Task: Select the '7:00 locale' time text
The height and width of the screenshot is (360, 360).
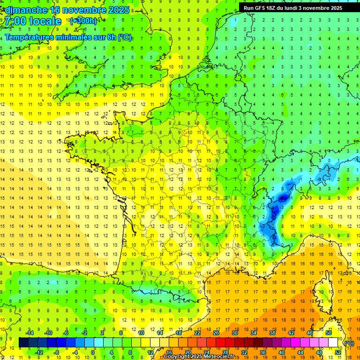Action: [33, 21]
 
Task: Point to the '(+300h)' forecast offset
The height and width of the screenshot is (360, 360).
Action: [83, 21]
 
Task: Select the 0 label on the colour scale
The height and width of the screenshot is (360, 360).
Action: [93, 352]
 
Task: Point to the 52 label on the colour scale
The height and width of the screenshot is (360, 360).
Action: [338, 352]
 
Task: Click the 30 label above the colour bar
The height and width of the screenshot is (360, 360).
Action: [234, 333]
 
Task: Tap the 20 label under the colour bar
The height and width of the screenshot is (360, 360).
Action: [187, 352]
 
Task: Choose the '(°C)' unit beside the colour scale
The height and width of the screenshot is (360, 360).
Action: [349, 343]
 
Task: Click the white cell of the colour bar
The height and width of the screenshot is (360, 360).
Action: [333, 343]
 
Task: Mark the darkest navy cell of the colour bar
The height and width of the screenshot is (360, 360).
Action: [23, 343]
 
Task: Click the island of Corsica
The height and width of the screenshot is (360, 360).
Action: [322, 291]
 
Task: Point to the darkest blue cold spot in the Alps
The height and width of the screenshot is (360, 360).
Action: [282, 198]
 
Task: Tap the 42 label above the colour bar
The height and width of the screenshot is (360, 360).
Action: [291, 333]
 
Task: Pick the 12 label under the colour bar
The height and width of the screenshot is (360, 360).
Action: [150, 352]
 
